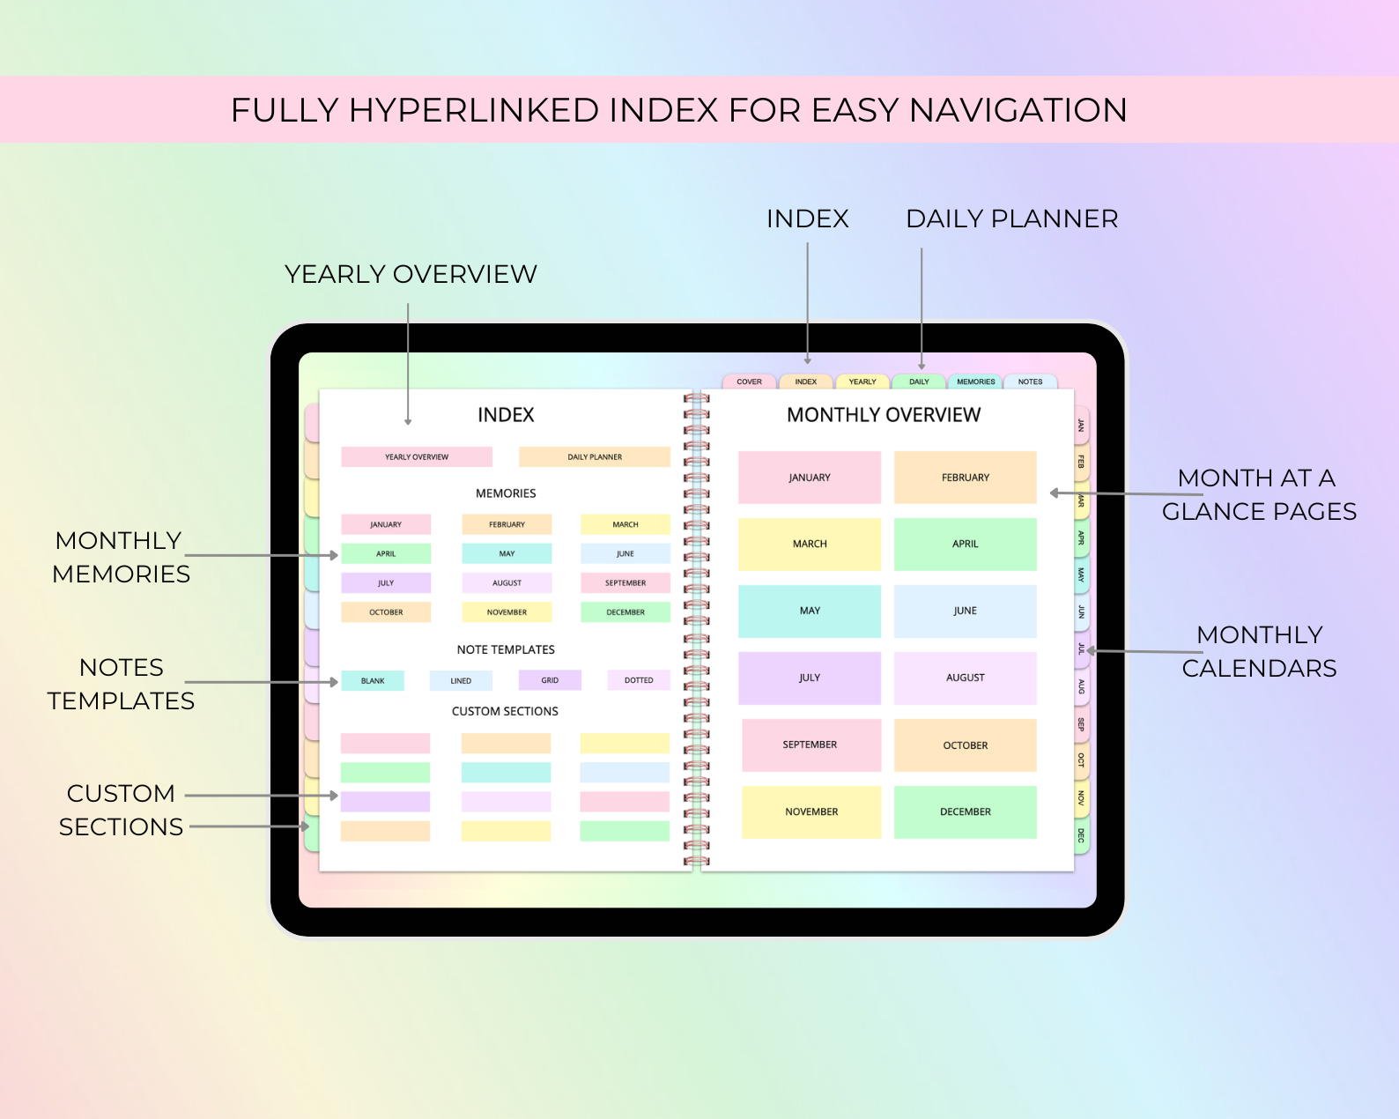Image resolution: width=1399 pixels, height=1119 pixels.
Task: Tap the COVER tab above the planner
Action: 749,382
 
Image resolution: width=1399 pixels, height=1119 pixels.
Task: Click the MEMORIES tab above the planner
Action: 975,382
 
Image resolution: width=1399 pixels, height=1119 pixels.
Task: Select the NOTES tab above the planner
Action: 1031,382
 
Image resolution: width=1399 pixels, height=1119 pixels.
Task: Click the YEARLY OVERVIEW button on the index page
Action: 417,456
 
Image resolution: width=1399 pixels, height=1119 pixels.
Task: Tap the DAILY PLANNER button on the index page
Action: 594,456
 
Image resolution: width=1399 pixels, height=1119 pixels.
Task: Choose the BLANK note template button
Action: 373,680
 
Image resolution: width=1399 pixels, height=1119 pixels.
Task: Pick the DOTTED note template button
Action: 639,680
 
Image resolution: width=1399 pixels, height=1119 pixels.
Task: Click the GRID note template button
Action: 550,680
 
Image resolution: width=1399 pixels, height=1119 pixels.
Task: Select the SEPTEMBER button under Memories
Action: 625,582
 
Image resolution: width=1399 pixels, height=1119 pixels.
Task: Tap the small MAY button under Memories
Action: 507,553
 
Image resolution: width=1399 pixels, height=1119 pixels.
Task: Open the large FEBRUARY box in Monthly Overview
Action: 966,478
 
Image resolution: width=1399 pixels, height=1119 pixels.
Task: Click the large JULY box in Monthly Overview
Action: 810,678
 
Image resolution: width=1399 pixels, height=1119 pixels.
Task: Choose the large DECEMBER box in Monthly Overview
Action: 966,811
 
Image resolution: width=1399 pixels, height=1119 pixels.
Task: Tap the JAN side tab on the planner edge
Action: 1081,426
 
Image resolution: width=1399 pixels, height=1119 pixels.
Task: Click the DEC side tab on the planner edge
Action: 1081,835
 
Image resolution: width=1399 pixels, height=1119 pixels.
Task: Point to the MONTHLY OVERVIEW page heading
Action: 884,415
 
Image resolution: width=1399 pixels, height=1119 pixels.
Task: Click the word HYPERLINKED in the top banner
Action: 474,110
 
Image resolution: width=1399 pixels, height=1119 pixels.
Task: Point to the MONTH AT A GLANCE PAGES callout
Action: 1259,495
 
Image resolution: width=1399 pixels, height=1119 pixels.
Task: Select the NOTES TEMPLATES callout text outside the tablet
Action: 121,684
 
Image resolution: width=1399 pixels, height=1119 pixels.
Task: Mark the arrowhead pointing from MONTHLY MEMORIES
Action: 334,555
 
